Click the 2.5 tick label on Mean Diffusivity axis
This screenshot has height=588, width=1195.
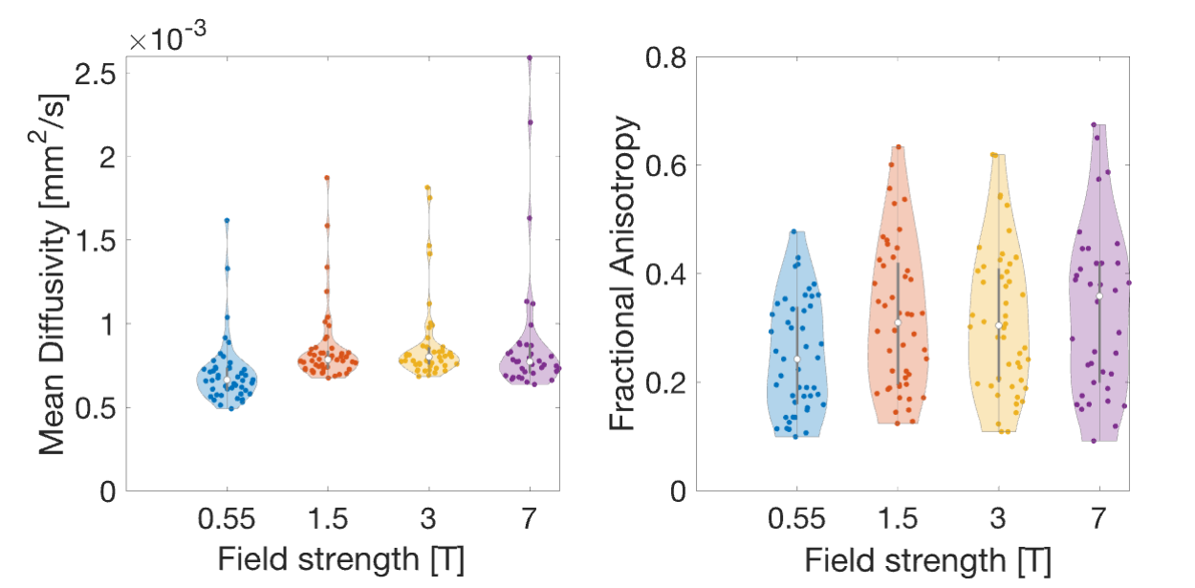point(96,75)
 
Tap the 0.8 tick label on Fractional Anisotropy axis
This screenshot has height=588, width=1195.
point(665,57)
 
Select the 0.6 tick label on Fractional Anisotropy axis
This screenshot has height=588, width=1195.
point(665,166)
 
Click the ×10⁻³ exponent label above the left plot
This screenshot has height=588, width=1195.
point(167,36)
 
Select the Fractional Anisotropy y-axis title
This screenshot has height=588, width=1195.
point(622,273)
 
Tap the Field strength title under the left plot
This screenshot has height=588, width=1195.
point(341,559)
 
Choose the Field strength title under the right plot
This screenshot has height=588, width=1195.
point(927,561)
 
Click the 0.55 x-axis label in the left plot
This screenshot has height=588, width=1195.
point(227,518)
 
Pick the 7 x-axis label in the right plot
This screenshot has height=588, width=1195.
point(1098,518)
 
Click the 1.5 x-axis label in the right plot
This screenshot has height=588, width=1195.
point(898,518)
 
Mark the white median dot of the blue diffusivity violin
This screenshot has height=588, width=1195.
point(227,380)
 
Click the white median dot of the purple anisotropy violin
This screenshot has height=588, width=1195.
point(1099,296)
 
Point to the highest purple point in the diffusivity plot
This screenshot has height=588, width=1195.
point(530,57)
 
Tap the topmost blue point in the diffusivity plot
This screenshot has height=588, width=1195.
point(227,220)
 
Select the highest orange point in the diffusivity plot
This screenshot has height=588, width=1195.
point(327,178)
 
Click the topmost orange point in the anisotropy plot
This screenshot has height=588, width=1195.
point(899,146)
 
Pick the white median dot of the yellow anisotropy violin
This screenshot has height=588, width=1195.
point(999,325)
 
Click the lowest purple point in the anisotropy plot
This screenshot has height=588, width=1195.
point(1094,441)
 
